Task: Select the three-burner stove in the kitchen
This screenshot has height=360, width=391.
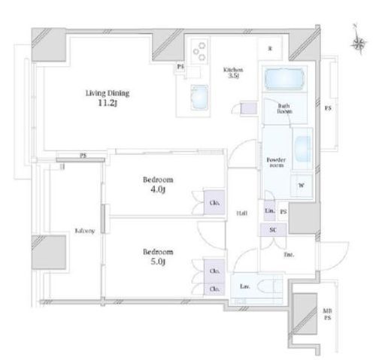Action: (x=199, y=53)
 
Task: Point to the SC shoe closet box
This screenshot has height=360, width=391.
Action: (x=273, y=230)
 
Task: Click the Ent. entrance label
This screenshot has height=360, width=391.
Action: (x=289, y=255)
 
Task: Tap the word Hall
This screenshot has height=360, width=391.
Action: (x=242, y=213)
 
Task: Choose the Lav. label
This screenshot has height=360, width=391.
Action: (x=245, y=286)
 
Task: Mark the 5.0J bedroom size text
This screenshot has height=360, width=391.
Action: (x=159, y=263)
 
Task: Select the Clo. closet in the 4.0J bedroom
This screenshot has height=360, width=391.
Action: (x=214, y=203)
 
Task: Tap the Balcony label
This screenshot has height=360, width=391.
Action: (x=83, y=231)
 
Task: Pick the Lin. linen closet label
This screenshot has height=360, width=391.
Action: (x=268, y=213)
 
